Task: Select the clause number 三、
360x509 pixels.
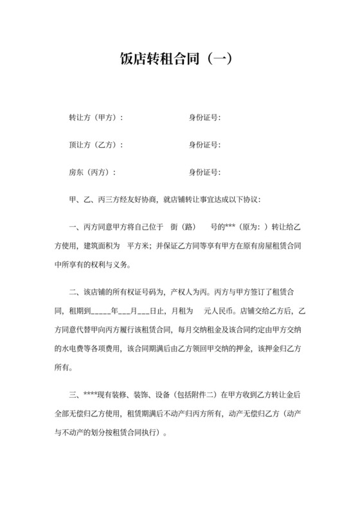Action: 73,393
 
